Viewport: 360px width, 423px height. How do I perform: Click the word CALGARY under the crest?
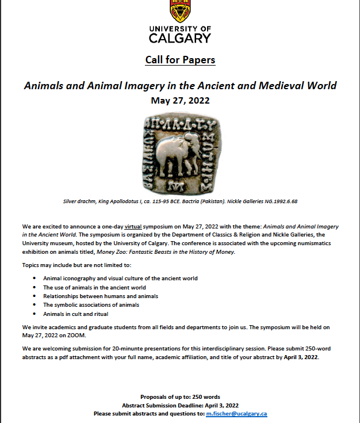179,38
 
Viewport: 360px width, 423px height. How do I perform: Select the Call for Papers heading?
179,60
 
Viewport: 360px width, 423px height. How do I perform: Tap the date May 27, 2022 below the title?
180,100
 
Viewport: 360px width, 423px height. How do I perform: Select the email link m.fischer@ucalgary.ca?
236,413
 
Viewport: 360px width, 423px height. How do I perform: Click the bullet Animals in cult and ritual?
75,314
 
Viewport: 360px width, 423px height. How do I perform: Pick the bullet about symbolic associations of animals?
91,304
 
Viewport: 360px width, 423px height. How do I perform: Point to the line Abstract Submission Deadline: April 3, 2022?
179,405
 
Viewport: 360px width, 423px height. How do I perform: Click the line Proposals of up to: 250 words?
179,397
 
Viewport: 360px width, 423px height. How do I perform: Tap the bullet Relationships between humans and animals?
100,296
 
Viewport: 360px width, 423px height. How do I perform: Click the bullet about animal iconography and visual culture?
120,278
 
